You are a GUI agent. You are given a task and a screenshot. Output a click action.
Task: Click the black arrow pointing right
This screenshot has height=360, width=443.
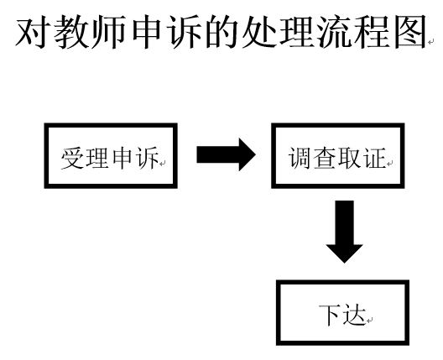coord(225,155)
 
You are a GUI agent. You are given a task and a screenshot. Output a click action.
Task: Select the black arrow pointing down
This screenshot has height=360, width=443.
coord(344,231)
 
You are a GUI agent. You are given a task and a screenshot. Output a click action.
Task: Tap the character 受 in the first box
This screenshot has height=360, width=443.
coord(70,158)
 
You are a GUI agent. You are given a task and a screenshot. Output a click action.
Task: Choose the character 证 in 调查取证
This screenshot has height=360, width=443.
coord(374,158)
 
